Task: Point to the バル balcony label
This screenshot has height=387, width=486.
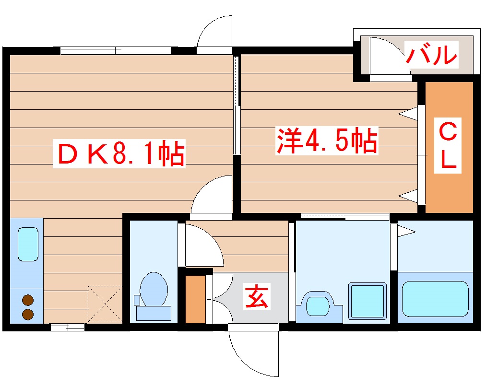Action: tap(431, 55)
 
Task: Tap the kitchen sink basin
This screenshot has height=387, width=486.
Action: tap(28, 244)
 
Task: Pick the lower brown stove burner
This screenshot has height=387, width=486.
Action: tap(28, 315)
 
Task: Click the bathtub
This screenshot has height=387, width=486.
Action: tap(435, 299)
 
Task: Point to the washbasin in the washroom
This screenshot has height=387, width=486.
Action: tap(316, 305)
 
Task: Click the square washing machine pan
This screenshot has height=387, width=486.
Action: tap(367, 301)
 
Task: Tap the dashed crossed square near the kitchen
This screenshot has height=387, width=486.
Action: tap(105, 304)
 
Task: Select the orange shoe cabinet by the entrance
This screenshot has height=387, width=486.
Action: tap(195, 299)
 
